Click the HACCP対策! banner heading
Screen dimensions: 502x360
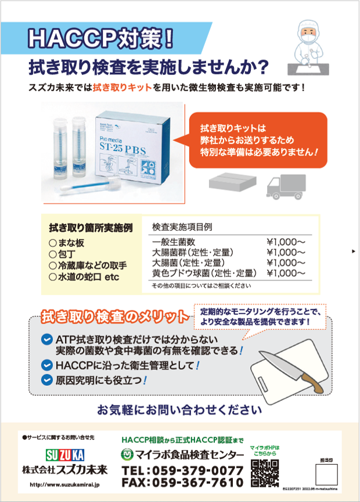[102, 38]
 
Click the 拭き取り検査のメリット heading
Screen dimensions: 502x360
[114, 317]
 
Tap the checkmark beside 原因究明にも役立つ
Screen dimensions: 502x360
[47, 381]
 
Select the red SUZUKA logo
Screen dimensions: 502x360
[65, 453]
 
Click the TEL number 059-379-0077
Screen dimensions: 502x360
[182, 469]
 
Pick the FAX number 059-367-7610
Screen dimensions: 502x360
[182, 482]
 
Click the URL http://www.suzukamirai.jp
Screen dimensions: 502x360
[65, 484]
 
